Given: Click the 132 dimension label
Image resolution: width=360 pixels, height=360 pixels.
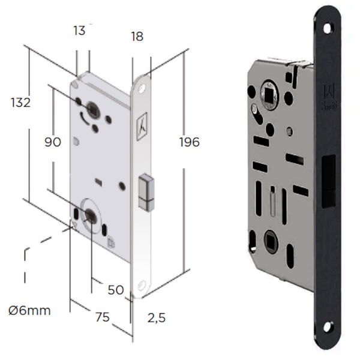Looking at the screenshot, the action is (20, 103).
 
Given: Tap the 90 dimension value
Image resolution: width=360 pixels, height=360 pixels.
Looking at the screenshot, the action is (53, 142).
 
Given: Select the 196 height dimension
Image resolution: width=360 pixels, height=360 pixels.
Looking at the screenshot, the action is (189, 142).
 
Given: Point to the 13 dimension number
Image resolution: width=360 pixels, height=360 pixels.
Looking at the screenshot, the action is (79, 31).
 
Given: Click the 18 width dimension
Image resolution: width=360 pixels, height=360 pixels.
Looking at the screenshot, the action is (137, 36).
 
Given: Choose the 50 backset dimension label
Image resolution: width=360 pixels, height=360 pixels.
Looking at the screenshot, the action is (116, 290).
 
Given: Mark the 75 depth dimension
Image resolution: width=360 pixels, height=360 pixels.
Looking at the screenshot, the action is (103, 317).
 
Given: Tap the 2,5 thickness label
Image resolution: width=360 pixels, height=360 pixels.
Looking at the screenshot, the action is (157, 318).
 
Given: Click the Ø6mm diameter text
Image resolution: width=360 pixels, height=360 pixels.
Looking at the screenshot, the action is (29, 311).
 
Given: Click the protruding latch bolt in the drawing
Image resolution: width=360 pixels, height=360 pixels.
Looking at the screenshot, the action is (146, 193).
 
